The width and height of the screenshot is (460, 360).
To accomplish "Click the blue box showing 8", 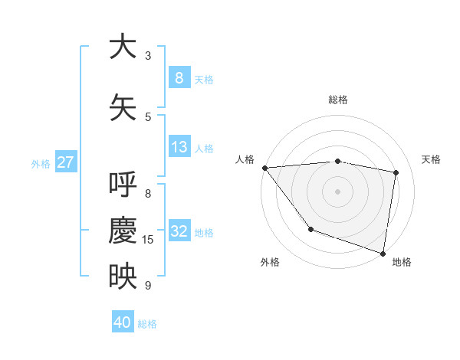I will coord(179,77).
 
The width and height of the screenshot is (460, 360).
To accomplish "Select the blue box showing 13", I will coord(179,147).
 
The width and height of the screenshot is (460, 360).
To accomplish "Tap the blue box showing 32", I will coord(179,231).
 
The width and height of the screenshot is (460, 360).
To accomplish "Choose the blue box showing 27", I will coord(66,162).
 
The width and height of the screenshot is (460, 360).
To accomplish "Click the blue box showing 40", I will coord(123,322).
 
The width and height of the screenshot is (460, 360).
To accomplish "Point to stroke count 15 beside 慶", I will coord(148,240).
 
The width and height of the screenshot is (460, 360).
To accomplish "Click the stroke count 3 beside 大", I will coord(148,56).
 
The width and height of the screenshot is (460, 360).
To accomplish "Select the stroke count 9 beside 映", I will coord(148,286).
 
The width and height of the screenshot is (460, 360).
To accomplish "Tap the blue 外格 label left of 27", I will coord(40,163).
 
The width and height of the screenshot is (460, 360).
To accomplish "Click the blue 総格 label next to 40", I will coord(147,323).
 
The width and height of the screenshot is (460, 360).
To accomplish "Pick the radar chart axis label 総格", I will coord(337,100).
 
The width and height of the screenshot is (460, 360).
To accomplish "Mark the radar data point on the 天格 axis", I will coord(396,172).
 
